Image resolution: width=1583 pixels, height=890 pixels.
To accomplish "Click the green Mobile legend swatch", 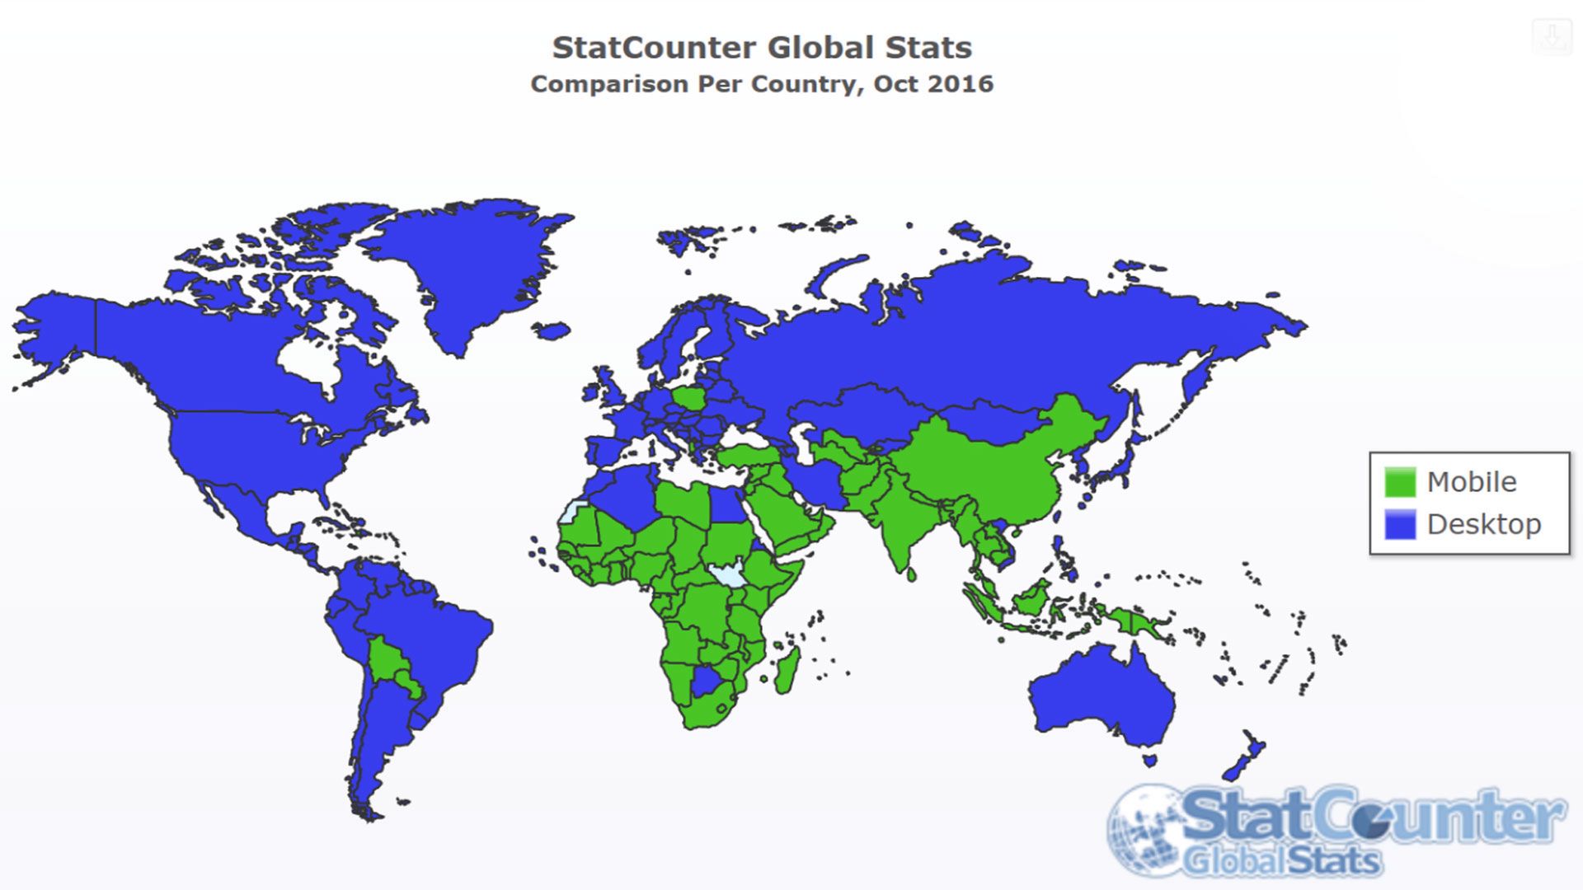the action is pos(1400,482).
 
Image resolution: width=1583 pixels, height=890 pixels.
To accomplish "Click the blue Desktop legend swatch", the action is pos(1400,524).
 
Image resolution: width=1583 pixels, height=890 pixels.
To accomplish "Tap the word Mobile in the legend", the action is pos(1472,482).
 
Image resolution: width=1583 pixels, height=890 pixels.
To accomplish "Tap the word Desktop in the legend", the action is pos(1484,524).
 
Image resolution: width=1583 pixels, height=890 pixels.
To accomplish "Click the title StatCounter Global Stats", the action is pos(762,48).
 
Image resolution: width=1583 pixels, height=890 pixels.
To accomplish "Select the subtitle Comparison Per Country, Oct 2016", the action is pos(762,84).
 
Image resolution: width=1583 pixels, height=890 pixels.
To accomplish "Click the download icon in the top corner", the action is pos(1552,37).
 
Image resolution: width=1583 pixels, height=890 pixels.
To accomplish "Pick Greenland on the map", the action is pos(470,264).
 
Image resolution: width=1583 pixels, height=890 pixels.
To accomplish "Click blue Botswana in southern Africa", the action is pos(707,682).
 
